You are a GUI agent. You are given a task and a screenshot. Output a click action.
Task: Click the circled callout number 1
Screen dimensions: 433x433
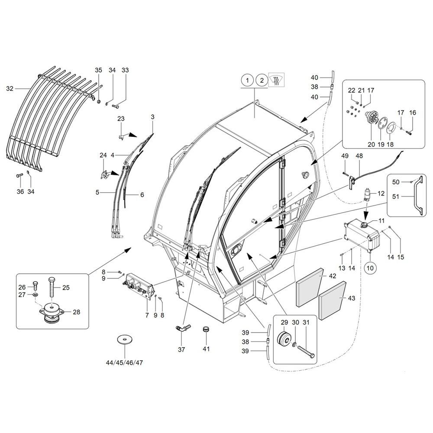point(247,81)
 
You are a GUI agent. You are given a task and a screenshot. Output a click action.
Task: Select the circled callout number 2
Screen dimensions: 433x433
point(261,81)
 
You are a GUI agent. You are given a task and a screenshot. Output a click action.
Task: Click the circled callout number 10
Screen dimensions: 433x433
point(370,268)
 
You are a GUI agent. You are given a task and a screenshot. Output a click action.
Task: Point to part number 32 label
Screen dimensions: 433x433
point(10,89)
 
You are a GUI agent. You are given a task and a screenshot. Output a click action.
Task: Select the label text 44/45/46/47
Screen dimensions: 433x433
point(124,362)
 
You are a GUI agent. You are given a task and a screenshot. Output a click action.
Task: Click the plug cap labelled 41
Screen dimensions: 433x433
point(207,330)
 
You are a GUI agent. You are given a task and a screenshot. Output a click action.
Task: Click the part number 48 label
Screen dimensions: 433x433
point(359,156)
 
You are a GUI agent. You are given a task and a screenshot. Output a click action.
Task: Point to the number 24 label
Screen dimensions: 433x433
point(103,155)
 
